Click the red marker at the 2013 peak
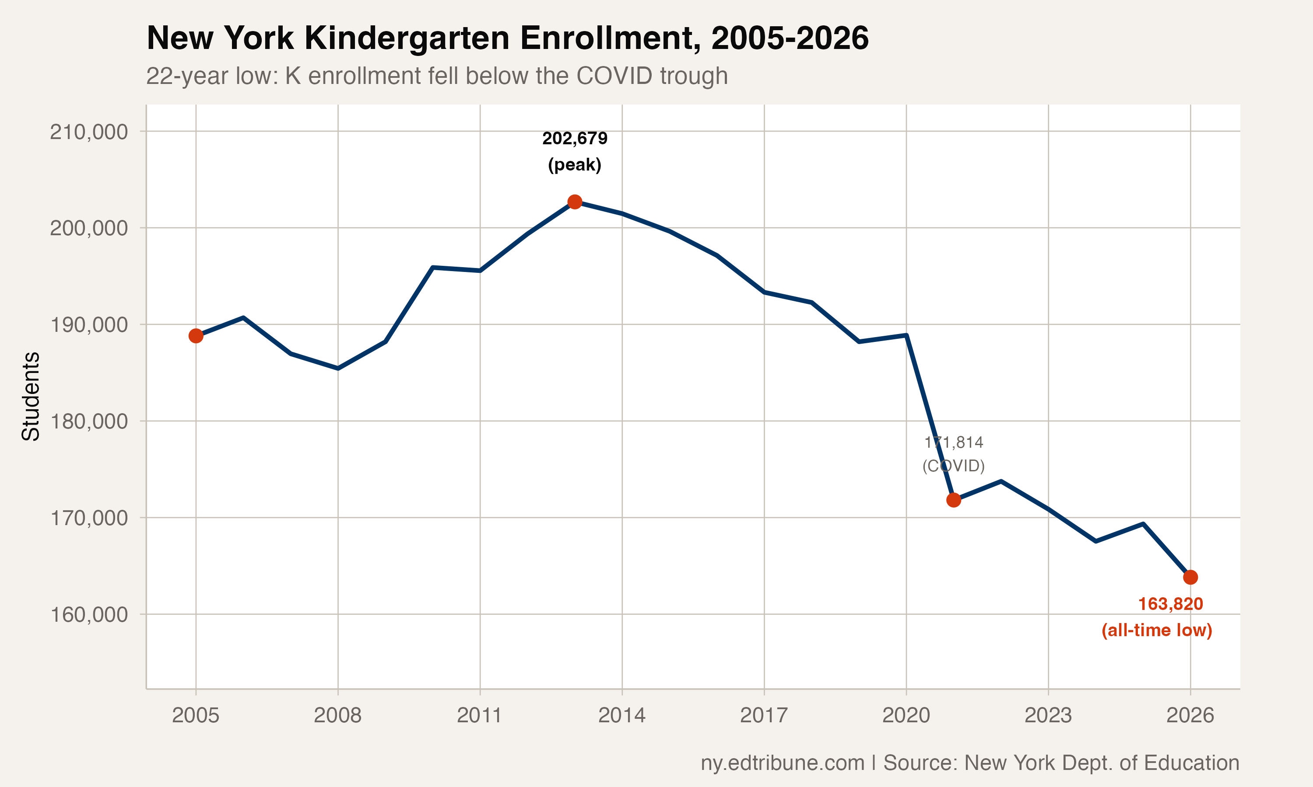(x=575, y=202)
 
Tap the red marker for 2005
(x=196, y=336)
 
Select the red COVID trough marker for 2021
(x=954, y=500)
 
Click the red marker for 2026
(x=1190, y=577)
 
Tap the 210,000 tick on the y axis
(x=89, y=132)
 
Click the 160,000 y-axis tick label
(x=89, y=615)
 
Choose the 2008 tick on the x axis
(x=337, y=715)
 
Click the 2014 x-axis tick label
(x=622, y=715)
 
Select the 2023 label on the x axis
(x=1048, y=715)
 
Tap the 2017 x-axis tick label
(x=764, y=715)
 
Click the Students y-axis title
(x=31, y=396)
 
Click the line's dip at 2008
(x=338, y=368)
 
